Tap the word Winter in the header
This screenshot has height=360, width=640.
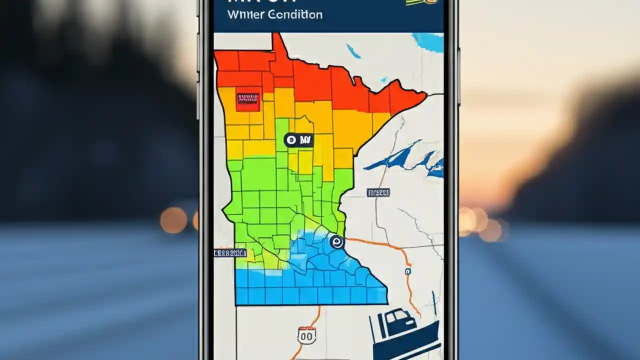pos(244,14)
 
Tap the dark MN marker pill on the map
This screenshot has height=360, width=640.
pos(298,140)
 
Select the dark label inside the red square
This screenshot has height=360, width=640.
pos(248,98)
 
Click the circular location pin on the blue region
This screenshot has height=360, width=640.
pos(337,242)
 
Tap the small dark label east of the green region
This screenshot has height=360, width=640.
pos(378,192)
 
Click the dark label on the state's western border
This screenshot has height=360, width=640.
pos(230,253)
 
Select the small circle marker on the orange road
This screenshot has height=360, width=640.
pos(407,271)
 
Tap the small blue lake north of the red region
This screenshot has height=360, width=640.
pos(353,50)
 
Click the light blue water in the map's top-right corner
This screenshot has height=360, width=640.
pos(429,41)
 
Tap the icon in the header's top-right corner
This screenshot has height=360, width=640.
pos(422,2)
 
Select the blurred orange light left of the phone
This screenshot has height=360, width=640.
pos(173,220)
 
